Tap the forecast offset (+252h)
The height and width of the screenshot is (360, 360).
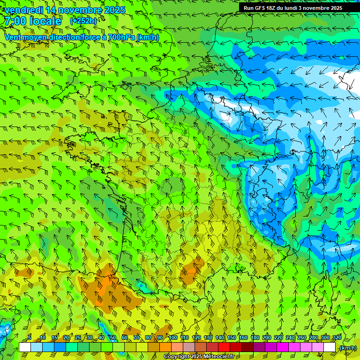pos(83,21)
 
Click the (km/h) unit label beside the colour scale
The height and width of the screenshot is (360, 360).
pos(348,348)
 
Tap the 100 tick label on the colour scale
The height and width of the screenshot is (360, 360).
pos(173,337)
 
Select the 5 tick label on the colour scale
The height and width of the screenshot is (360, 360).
pos(30,337)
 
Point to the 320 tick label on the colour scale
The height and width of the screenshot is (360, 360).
pos(337,337)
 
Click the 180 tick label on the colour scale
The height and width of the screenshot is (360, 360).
pos(255,337)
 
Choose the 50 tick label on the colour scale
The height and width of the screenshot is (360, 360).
pos(113,337)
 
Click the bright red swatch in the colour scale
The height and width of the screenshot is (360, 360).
pos(224,347)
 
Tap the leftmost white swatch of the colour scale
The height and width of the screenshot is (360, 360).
pos(25,347)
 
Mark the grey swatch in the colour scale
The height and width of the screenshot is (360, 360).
pos(189,347)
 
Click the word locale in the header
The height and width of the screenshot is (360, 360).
pos(45,21)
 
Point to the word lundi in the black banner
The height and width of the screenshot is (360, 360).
pos(292,8)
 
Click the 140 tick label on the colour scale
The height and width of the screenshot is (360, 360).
pos(220,337)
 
